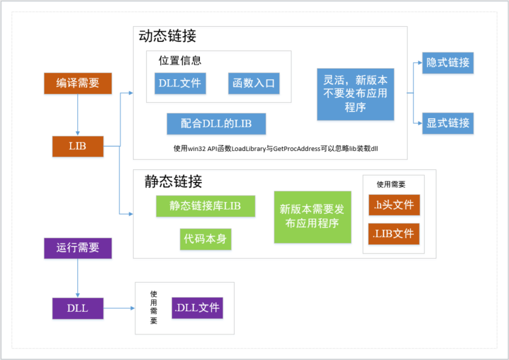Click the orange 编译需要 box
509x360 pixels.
[78, 83]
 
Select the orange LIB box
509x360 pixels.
[78, 146]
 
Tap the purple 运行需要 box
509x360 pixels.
[78, 248]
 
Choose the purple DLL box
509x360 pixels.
[78, 308]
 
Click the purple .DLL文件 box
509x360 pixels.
[197, 308]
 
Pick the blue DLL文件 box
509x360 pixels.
[180, 83]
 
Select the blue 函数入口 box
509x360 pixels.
[254, 83]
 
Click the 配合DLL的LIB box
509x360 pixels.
[217, 124]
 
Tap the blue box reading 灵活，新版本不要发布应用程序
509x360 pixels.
[355, 94]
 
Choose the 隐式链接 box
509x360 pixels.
[448, 63]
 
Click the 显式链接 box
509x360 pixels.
[448, 123]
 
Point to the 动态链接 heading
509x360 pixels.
[168, 36]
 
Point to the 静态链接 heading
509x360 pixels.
[173, 181]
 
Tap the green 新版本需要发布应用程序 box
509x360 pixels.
[312, 216]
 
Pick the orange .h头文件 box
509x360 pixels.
[394, 205]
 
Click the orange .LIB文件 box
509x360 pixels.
[394, 233]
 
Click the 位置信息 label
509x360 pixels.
[180, 60]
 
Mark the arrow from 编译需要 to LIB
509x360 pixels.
[78, 115]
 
